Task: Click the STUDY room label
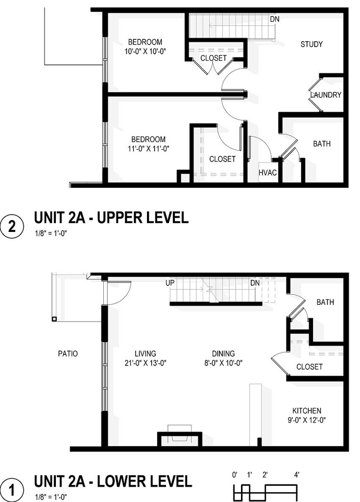312,44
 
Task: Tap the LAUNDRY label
326,95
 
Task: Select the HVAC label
267,173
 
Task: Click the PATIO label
68,353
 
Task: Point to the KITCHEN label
307,410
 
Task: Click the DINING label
223,353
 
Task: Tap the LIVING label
145,353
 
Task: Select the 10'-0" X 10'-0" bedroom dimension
145,51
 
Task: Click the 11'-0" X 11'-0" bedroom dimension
148,149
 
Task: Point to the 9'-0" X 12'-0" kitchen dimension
307,420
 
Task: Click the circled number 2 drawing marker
12,226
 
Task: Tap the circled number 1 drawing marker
12,490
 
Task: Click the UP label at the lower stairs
170,283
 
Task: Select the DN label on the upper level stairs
275,19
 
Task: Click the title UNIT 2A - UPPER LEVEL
111,218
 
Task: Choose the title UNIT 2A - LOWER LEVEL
113,481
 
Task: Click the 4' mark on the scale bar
297,475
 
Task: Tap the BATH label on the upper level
322,144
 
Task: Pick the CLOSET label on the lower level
310,367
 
